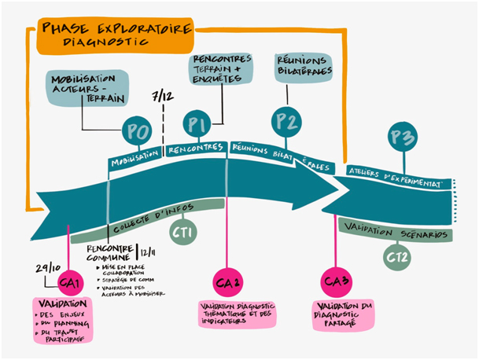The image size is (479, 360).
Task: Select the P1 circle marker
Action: pyautogui.click(x=197, y=124)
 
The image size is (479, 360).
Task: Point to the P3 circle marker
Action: pyautogui.click(x=403, y=138)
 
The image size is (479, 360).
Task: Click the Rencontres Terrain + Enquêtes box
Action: pyautogui.click(x=222, y=68)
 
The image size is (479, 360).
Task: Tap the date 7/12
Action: pyautogui.click(x=163, y=96)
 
